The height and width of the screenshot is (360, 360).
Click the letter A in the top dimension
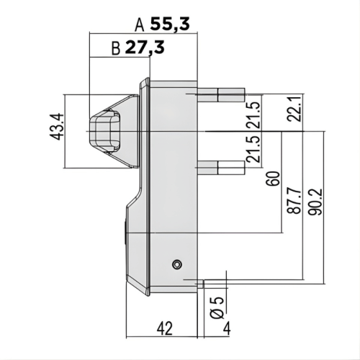coord(140,24)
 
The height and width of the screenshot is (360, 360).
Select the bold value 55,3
coord(171,24)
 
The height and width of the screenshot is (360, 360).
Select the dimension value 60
coord(271,179)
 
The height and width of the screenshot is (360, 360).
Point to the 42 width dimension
coord(165,328)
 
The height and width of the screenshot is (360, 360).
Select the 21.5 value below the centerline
coord(253,152)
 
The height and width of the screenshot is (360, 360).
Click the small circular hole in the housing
coord(176,265)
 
